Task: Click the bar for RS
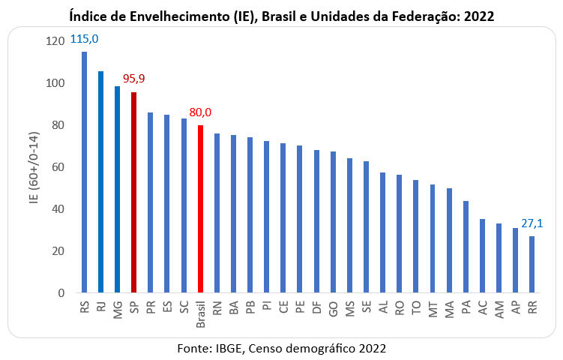click(x=84, y=172)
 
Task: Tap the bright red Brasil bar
click(x=200, y=209)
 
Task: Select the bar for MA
click(x=449, y=241)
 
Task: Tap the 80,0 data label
click(x=199, y=112)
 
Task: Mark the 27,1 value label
click(x=532, y=223)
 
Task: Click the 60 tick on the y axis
click(x=58, y=167)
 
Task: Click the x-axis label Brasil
click(x=200, y=316)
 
